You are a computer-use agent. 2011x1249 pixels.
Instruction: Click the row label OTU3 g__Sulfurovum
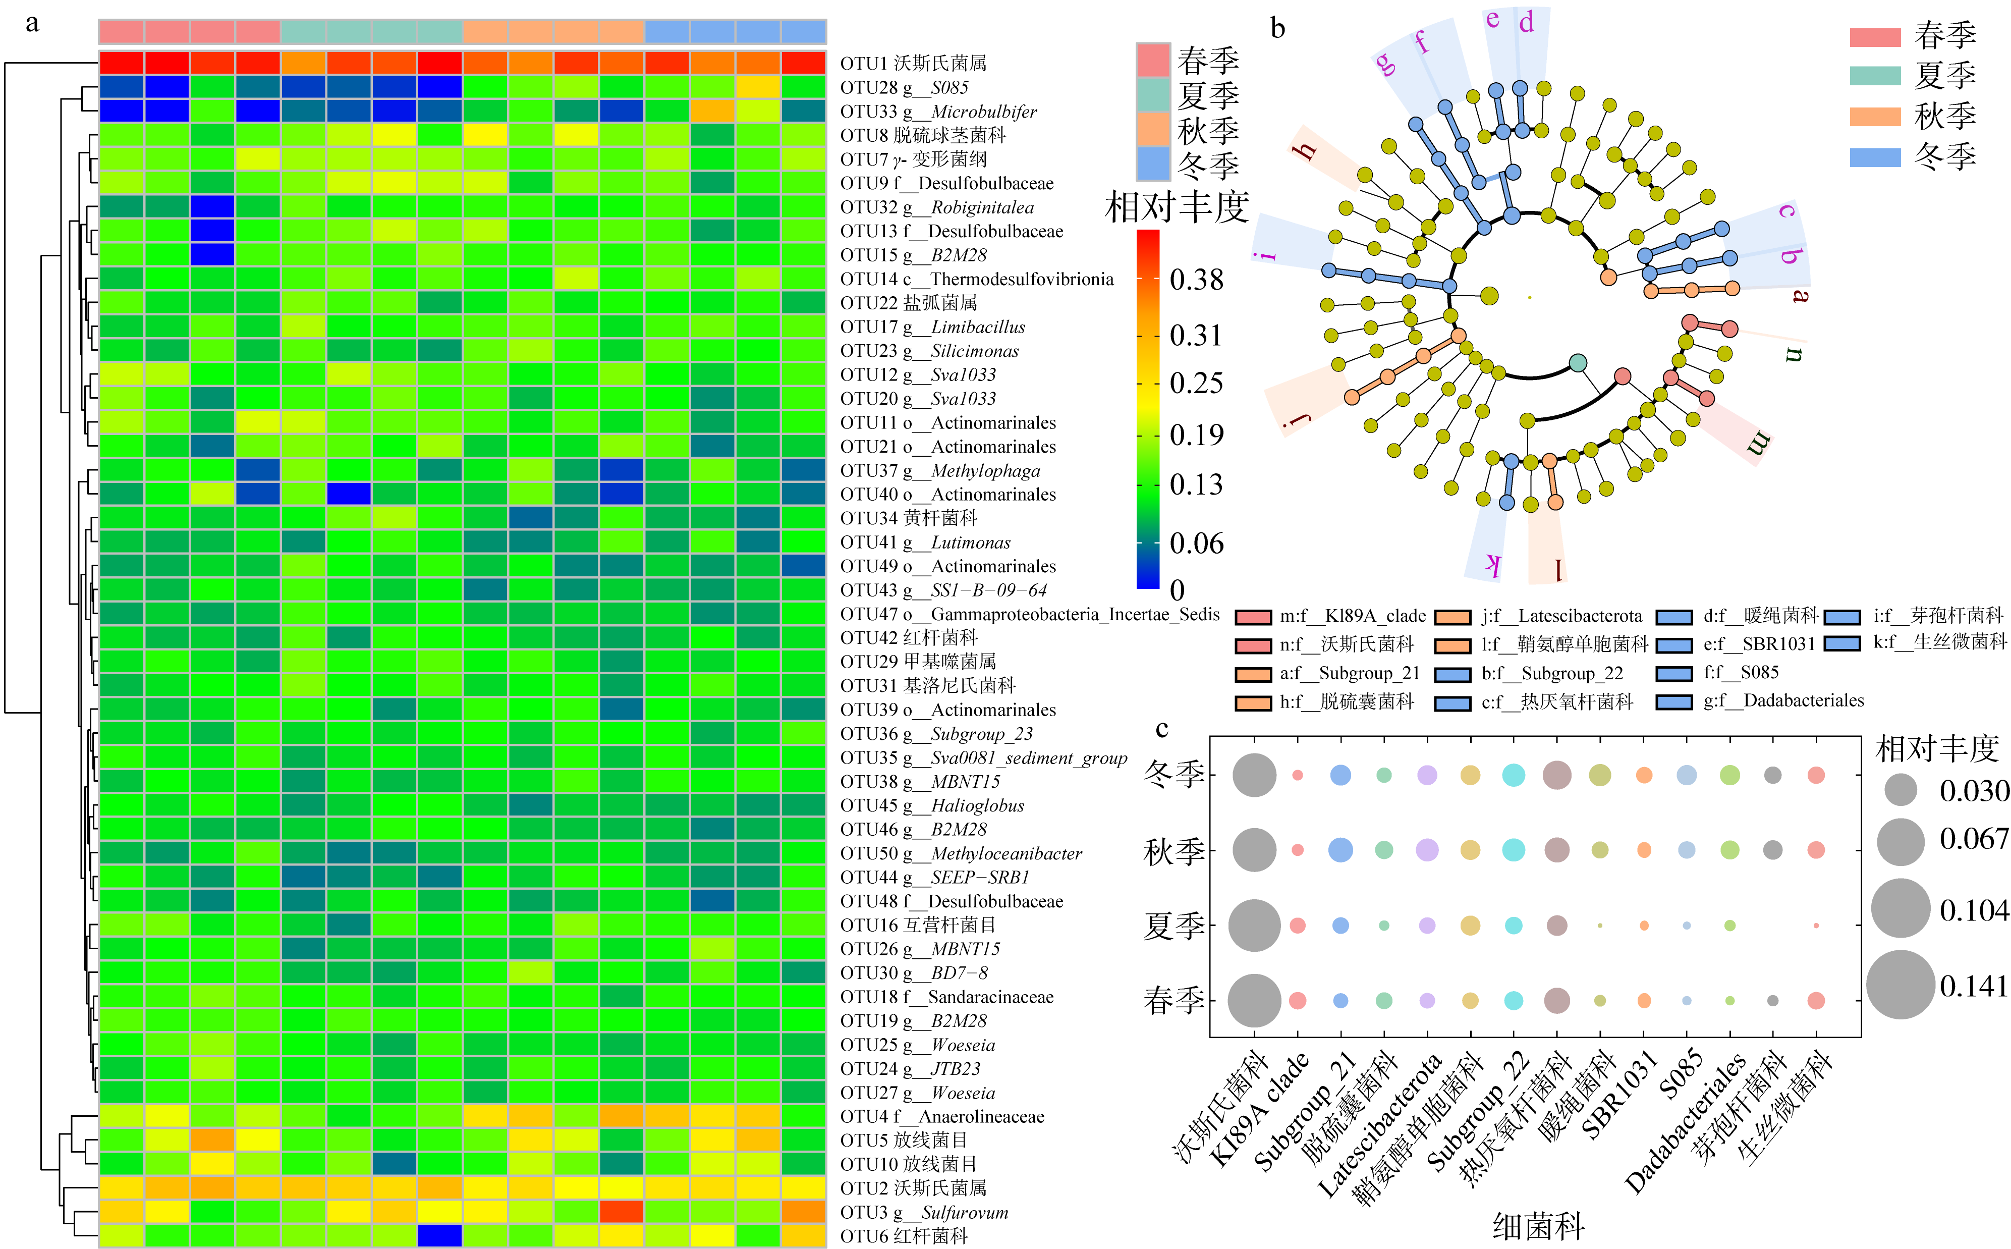[923, 1212]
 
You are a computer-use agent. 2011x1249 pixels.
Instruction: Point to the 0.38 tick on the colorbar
[1196, 279]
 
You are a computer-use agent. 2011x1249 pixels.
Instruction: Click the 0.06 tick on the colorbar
[1196, 542]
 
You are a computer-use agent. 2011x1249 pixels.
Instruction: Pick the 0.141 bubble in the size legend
[1901, 984]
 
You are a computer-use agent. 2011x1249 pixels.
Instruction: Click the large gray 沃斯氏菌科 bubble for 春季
[1255, 1000]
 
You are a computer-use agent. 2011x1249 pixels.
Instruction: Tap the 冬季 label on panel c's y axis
[1174, 774]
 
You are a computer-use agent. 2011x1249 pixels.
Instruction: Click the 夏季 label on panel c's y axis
[1174, 925]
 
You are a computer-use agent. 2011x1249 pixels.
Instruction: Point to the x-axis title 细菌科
[1538, 1226]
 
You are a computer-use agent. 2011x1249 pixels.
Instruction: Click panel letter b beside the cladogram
[1277, 29]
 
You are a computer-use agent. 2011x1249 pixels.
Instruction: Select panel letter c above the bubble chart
[1162, 729]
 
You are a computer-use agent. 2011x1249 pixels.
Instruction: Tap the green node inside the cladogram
[1578, 362]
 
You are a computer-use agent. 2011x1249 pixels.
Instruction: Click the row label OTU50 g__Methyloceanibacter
[961, 853]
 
